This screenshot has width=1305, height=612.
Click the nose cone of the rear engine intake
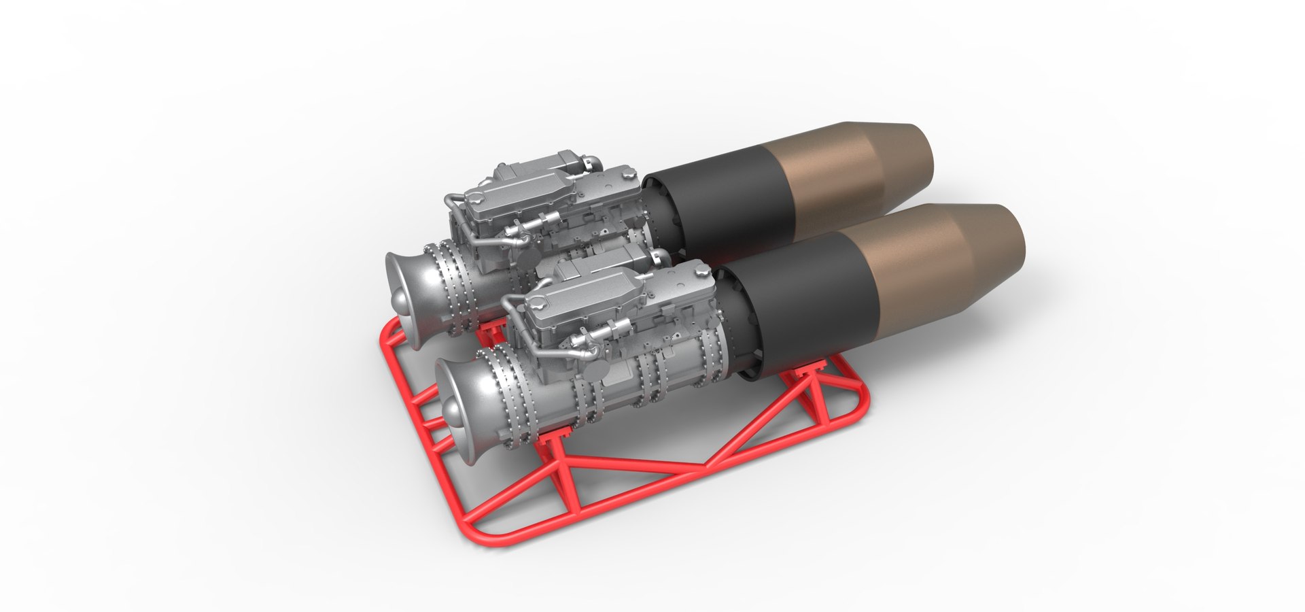(x=398, y=301)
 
